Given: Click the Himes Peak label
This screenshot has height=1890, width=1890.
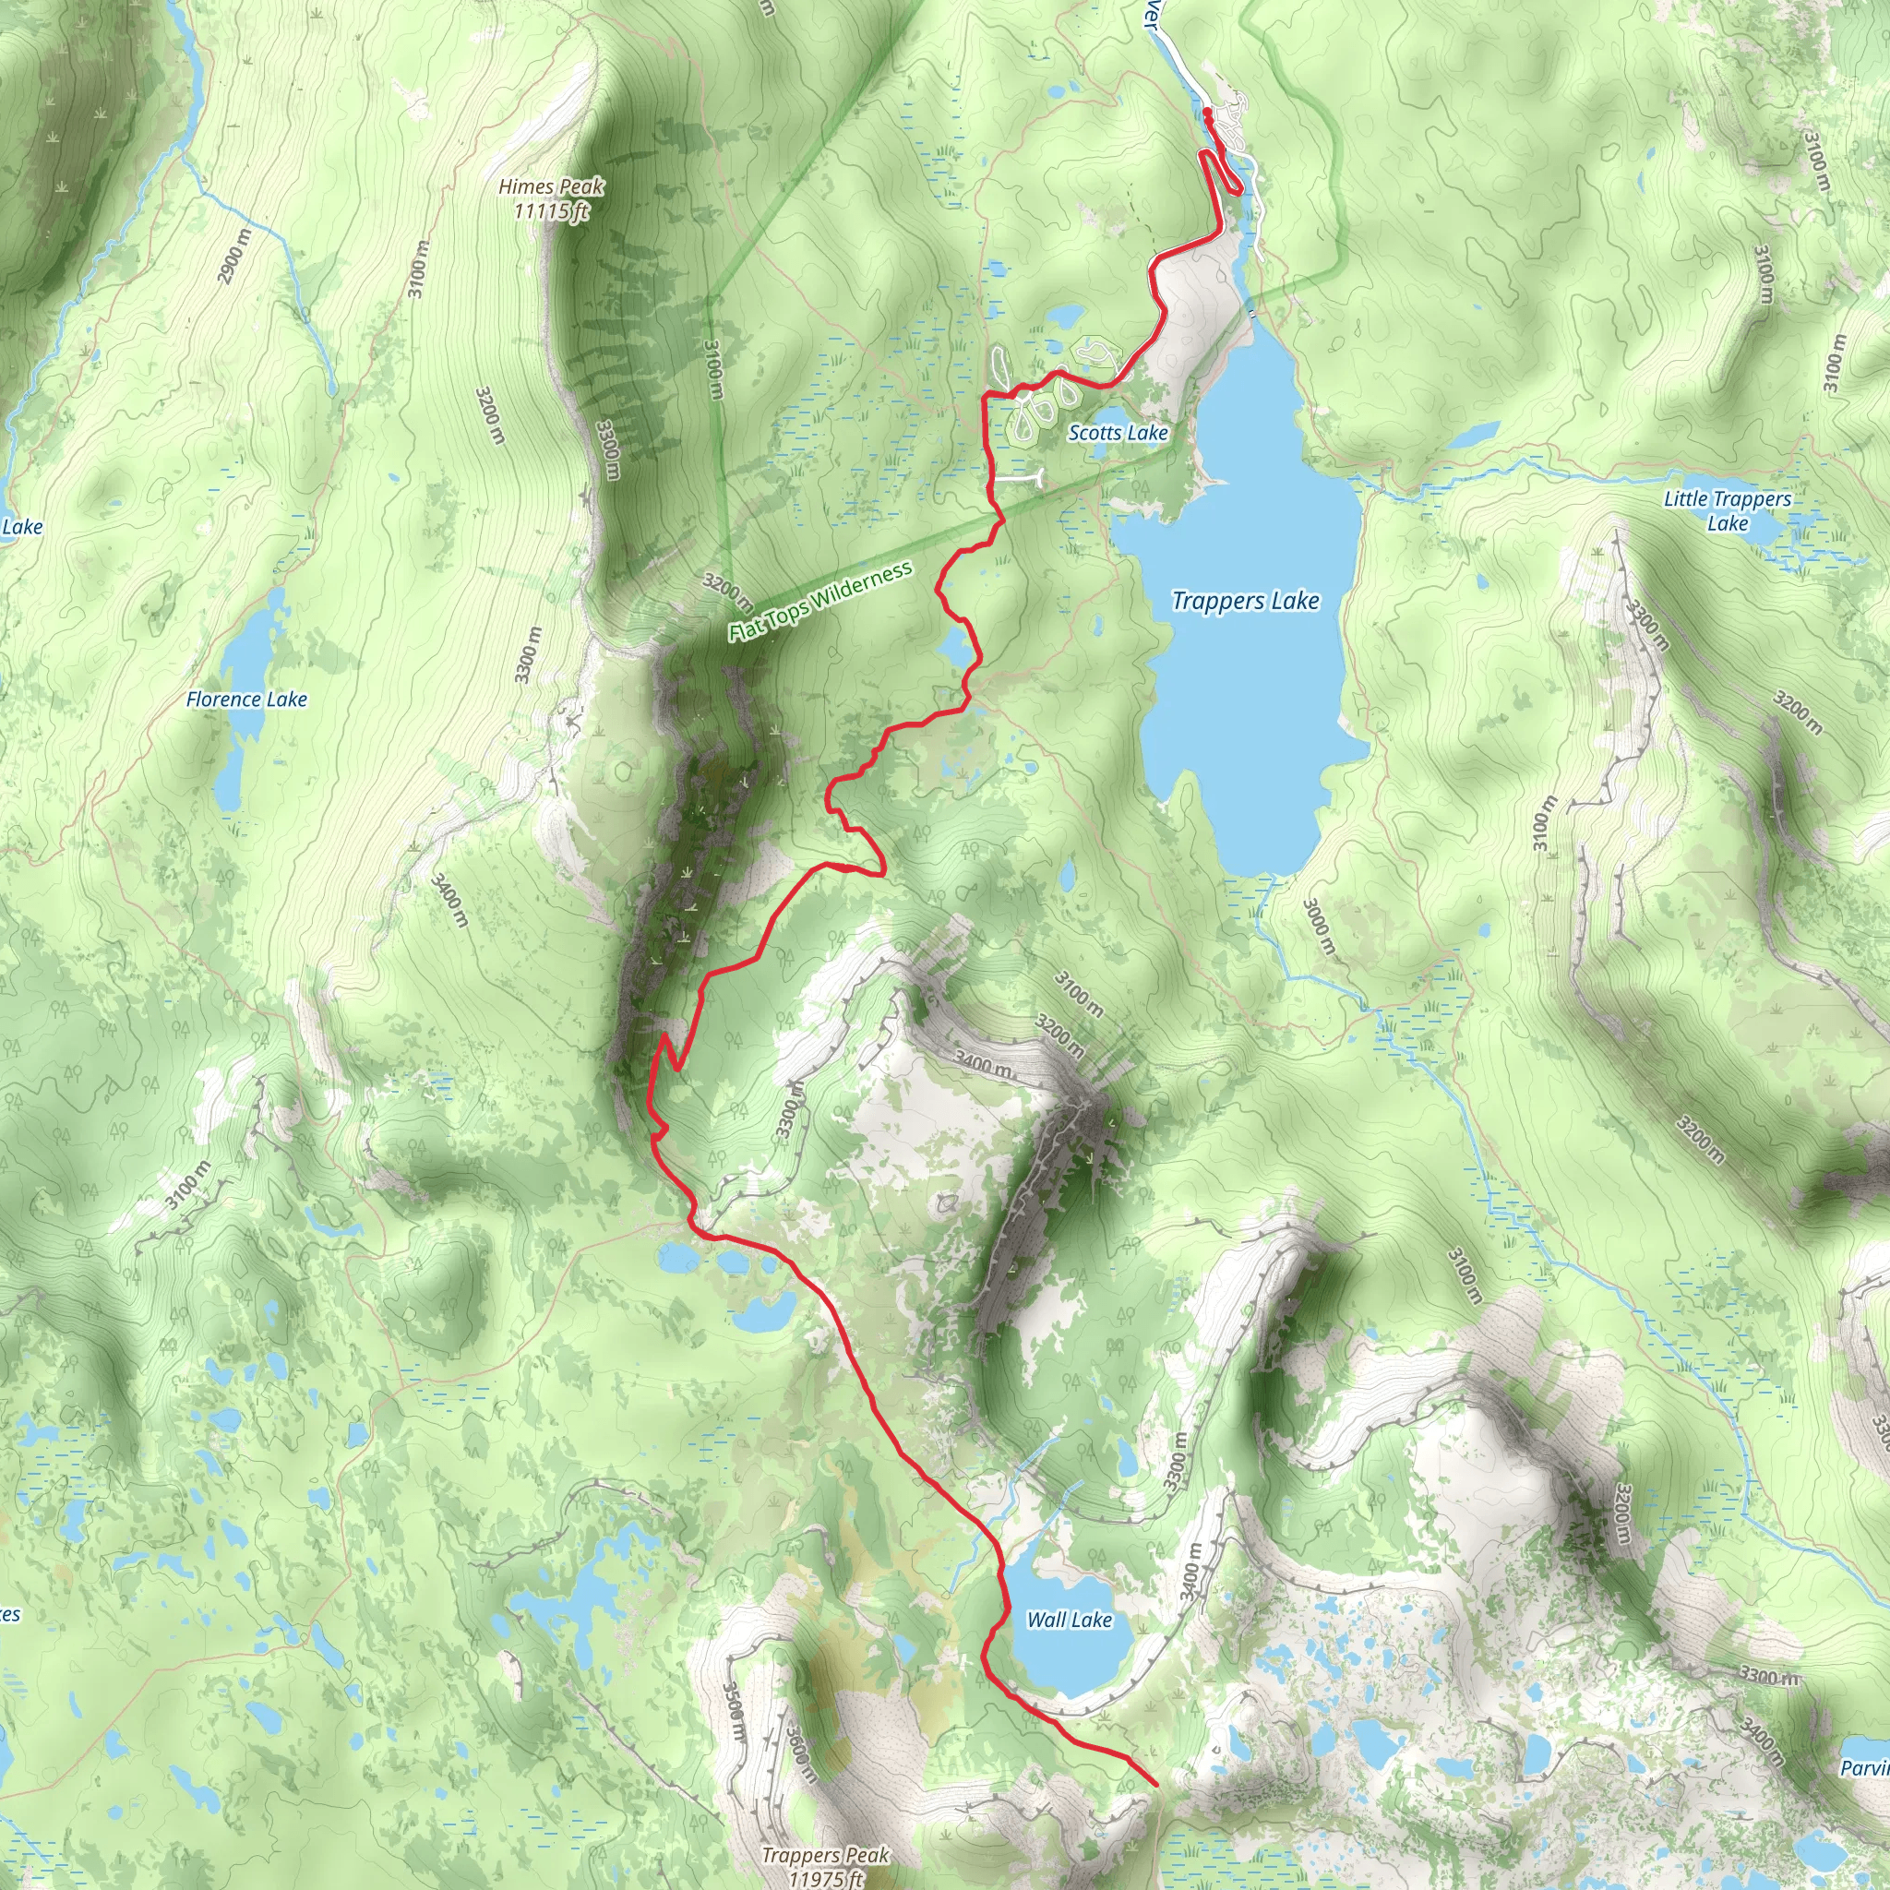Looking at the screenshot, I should coord(551,186).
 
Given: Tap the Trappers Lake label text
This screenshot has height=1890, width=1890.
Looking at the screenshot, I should coord(1245,601).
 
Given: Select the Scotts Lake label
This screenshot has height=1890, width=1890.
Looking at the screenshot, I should coord(1118,433).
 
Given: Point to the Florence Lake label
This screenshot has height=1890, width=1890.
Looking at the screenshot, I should coord(246,700).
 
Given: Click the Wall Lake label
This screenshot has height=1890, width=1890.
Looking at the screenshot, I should coord(1069,1620).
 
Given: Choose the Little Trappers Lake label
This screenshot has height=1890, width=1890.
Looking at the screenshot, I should coord(1727,510).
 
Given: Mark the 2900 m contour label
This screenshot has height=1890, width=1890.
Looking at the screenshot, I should coord(233,256).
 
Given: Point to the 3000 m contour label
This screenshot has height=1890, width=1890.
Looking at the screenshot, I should coord(1318,927).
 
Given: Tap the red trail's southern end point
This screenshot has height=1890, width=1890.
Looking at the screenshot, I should coord(1156,1783).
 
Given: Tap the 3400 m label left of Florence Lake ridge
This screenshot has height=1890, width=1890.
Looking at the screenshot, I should coord(449,900).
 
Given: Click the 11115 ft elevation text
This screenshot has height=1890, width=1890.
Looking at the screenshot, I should coord(553,209).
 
